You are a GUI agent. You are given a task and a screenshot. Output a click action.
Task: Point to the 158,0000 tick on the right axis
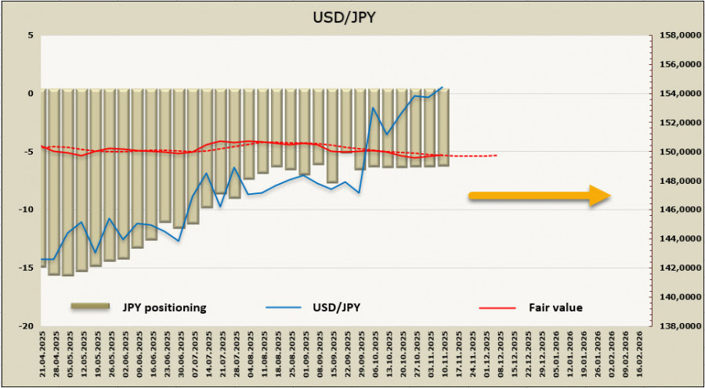[676, 36]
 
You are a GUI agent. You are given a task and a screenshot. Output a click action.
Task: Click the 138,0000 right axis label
[676, 326]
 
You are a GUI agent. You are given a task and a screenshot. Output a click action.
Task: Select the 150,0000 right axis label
[676, 152]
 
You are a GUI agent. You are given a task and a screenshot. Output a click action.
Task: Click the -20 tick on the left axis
[27, 326]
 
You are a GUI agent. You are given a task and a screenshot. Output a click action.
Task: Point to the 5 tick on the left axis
[31, 36]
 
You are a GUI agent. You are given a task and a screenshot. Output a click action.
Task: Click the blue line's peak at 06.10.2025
[374, 108]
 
